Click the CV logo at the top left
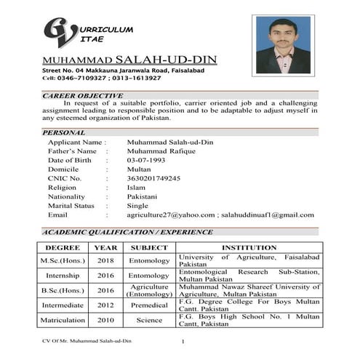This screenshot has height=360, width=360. pyautogui.click(x=59, y=33)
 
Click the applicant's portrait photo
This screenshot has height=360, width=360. pyautogui.click(x=283, y=44)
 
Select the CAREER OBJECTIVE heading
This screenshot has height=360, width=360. pyautogui.click(x=82, y=95)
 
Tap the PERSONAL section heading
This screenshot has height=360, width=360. pyautogui.click(x=64, y=132)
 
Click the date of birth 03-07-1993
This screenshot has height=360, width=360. pyautogui.click(x=147, y=159)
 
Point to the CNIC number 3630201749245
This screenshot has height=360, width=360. pyautogui.click(x=153, y=178)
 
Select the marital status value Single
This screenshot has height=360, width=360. pyautogui.click(x=137, y=206)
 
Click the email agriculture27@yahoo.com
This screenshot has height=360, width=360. pyautogui.click(x=171, y=215)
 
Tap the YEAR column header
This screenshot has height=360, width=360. pyautogui.click(x=105, y=247)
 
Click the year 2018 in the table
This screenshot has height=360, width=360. pyautogui.click(x=105, y=260)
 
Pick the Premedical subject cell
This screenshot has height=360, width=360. pyautogui.click(x=148, y=305)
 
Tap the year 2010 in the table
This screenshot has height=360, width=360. pyautogui.click(x=105, y=320)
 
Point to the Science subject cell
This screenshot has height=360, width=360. pyautogui.click(x=148, y=320)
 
